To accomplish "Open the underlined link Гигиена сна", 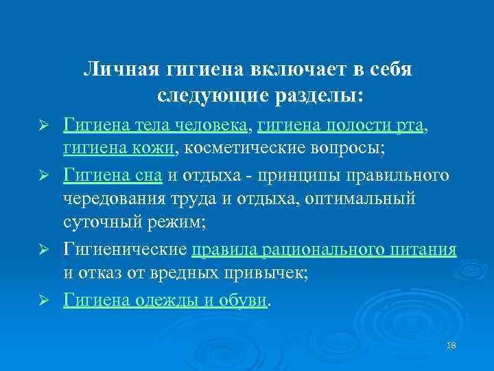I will pos(113,176).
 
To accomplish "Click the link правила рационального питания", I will pos(324,251).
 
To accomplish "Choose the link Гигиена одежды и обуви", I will pos(165,300).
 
